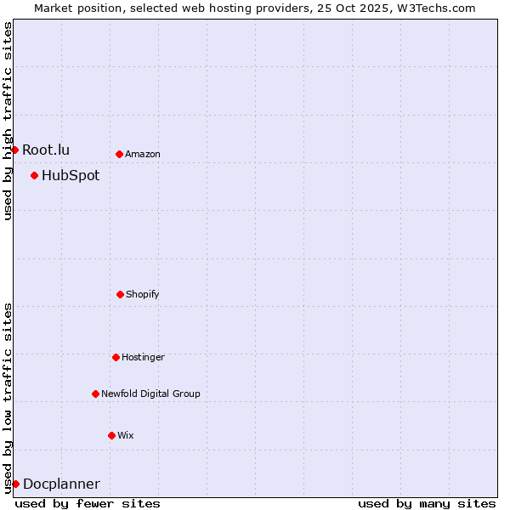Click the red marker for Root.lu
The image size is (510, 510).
point(14,150)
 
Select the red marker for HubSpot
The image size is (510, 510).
point(34,176)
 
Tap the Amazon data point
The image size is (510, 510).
point(119,154)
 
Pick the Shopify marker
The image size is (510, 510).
point(120,294)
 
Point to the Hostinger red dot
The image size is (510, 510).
point(116,357)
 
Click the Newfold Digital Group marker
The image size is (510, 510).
point(95,394)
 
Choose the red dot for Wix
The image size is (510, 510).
point(111,435)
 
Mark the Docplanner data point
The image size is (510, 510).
point(15,484)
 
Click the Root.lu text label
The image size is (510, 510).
point(46,150)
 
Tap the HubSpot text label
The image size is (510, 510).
point(71,176)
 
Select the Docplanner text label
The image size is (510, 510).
point(61,484)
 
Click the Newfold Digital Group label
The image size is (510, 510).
point(150,394)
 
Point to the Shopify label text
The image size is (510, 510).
point(143,294)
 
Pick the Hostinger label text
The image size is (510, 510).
point(143,357)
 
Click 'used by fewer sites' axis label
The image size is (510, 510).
point(88,503)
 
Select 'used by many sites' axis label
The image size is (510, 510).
point(427,503)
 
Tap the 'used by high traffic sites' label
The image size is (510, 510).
point(8,121)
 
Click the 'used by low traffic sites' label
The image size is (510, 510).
point(8,397)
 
